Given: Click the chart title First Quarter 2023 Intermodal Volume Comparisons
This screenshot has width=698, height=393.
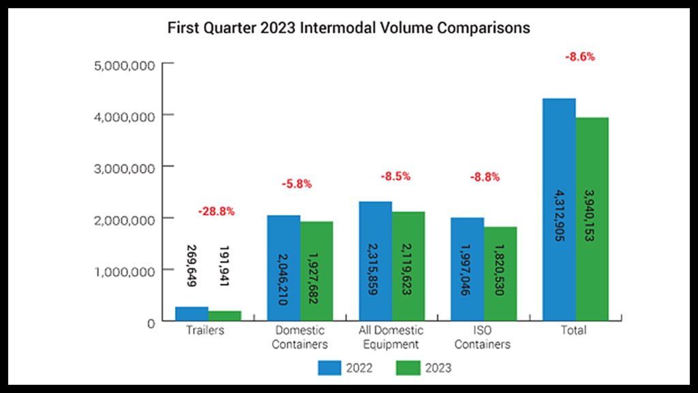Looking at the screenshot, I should (348, 29).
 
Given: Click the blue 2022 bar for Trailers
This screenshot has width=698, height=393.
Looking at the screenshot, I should (192, 314).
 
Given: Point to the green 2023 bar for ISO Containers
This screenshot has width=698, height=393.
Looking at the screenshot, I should (500, 273).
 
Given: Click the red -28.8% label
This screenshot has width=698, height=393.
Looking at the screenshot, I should (216, 212).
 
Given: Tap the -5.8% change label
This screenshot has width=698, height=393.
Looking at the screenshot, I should (297, 184).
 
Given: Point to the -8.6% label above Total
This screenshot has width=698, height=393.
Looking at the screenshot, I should (580, 57).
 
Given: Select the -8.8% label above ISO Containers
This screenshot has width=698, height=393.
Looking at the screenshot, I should (485, 177).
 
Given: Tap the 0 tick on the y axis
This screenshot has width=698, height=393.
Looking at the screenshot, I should (151, 322).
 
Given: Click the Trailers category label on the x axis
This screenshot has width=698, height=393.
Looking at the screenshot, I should (204, 330).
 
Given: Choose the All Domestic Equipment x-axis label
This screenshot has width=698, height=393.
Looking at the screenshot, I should (391, 337).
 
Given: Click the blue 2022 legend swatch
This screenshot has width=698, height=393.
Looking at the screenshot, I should (329, 368).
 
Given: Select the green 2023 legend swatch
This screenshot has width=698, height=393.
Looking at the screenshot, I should (408, 368).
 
